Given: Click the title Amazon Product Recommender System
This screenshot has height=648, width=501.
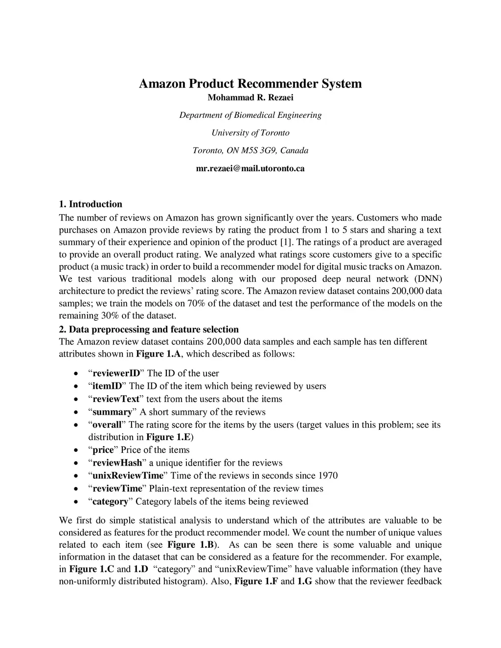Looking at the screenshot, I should point(250,84).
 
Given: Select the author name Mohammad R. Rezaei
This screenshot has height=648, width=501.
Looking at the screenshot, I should point(250,97).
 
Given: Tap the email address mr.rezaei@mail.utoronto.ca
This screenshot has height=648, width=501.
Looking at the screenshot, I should point(250,168).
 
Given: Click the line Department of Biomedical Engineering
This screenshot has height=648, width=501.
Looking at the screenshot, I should point(250,115).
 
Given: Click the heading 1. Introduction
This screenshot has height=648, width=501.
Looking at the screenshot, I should point(91,204).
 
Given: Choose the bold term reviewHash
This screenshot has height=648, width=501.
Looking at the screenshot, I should point(117,463).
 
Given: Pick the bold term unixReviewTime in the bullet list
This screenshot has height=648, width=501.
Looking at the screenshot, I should point(128,475).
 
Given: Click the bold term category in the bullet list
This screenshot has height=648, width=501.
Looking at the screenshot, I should point(110,501).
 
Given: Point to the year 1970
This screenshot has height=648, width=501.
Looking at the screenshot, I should point(328,475).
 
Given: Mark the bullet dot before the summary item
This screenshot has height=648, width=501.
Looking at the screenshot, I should point(75,412).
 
